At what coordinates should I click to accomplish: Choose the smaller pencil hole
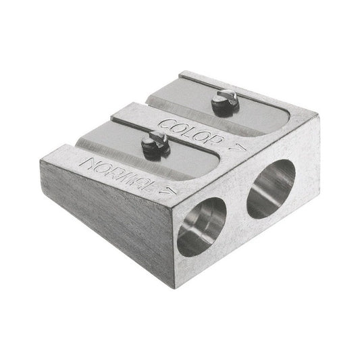(x=201, y=226)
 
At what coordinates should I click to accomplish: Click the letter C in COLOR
(x=165, y=122)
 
